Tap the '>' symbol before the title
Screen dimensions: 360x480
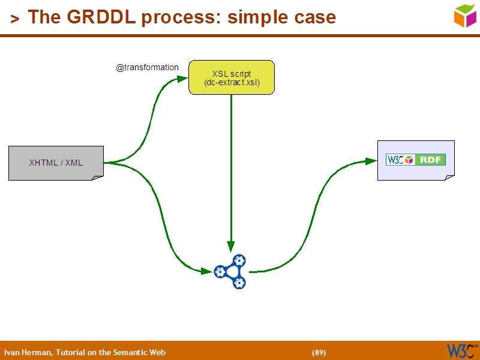[14, 19]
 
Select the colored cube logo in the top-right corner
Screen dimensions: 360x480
[465, 15]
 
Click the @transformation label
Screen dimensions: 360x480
[147, 68]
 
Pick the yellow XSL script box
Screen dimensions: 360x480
[232, 77]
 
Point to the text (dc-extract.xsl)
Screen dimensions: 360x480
[232, 83]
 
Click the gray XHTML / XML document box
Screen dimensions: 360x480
[56, 163]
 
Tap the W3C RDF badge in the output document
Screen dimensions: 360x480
[415, 160]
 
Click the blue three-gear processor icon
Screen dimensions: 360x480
[231, 272]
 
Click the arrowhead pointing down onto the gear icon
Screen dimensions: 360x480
[231, 246]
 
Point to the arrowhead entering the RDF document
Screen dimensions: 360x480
[370, 161]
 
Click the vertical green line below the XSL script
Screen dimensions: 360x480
[231, 168]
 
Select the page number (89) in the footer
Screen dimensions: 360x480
[319, 352]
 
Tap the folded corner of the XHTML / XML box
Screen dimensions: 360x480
[97, 177]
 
